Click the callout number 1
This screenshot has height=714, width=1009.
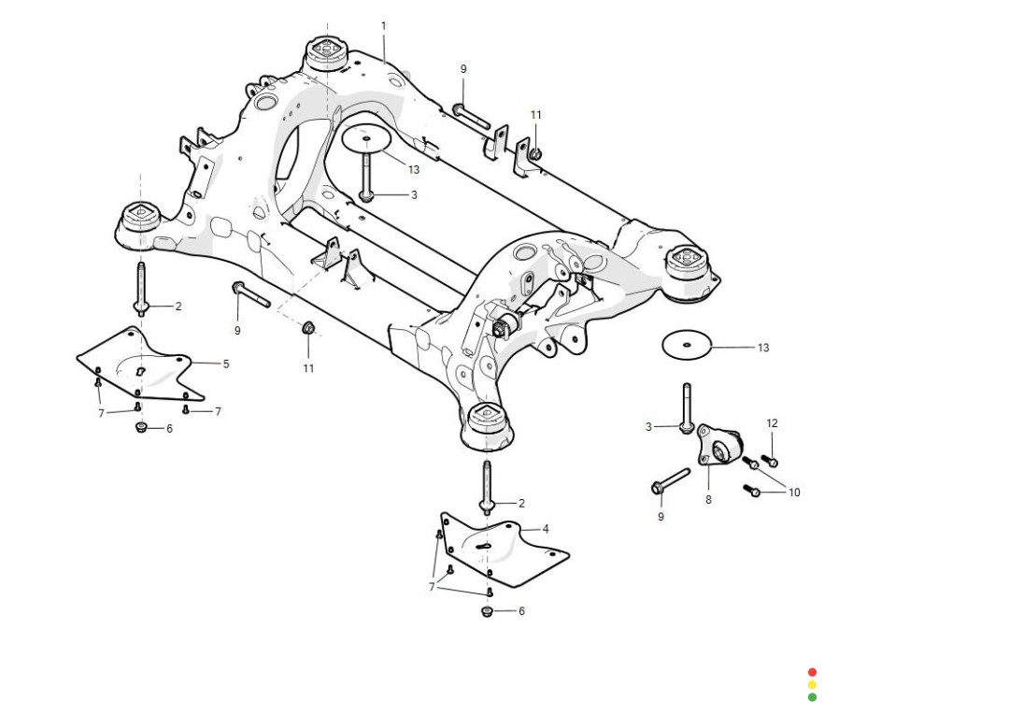click(383, 25)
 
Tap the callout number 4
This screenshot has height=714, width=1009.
click(546, 529)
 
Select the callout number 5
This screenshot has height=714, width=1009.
click(225, 364)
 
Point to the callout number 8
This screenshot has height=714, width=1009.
click(708, 500)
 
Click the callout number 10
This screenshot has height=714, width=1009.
click(794, 493)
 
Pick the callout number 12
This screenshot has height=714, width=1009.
click(772, 423)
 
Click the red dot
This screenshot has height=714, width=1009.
click(812, 672)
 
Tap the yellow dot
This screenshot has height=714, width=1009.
click(812, 684)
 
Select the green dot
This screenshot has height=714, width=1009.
click(812, 696)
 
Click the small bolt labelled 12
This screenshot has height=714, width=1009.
click(770, 461)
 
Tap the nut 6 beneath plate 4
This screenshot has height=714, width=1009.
click(487, 611)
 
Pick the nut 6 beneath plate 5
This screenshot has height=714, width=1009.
click(141, 428)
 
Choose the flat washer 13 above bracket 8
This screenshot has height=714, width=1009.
click(687, 344)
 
